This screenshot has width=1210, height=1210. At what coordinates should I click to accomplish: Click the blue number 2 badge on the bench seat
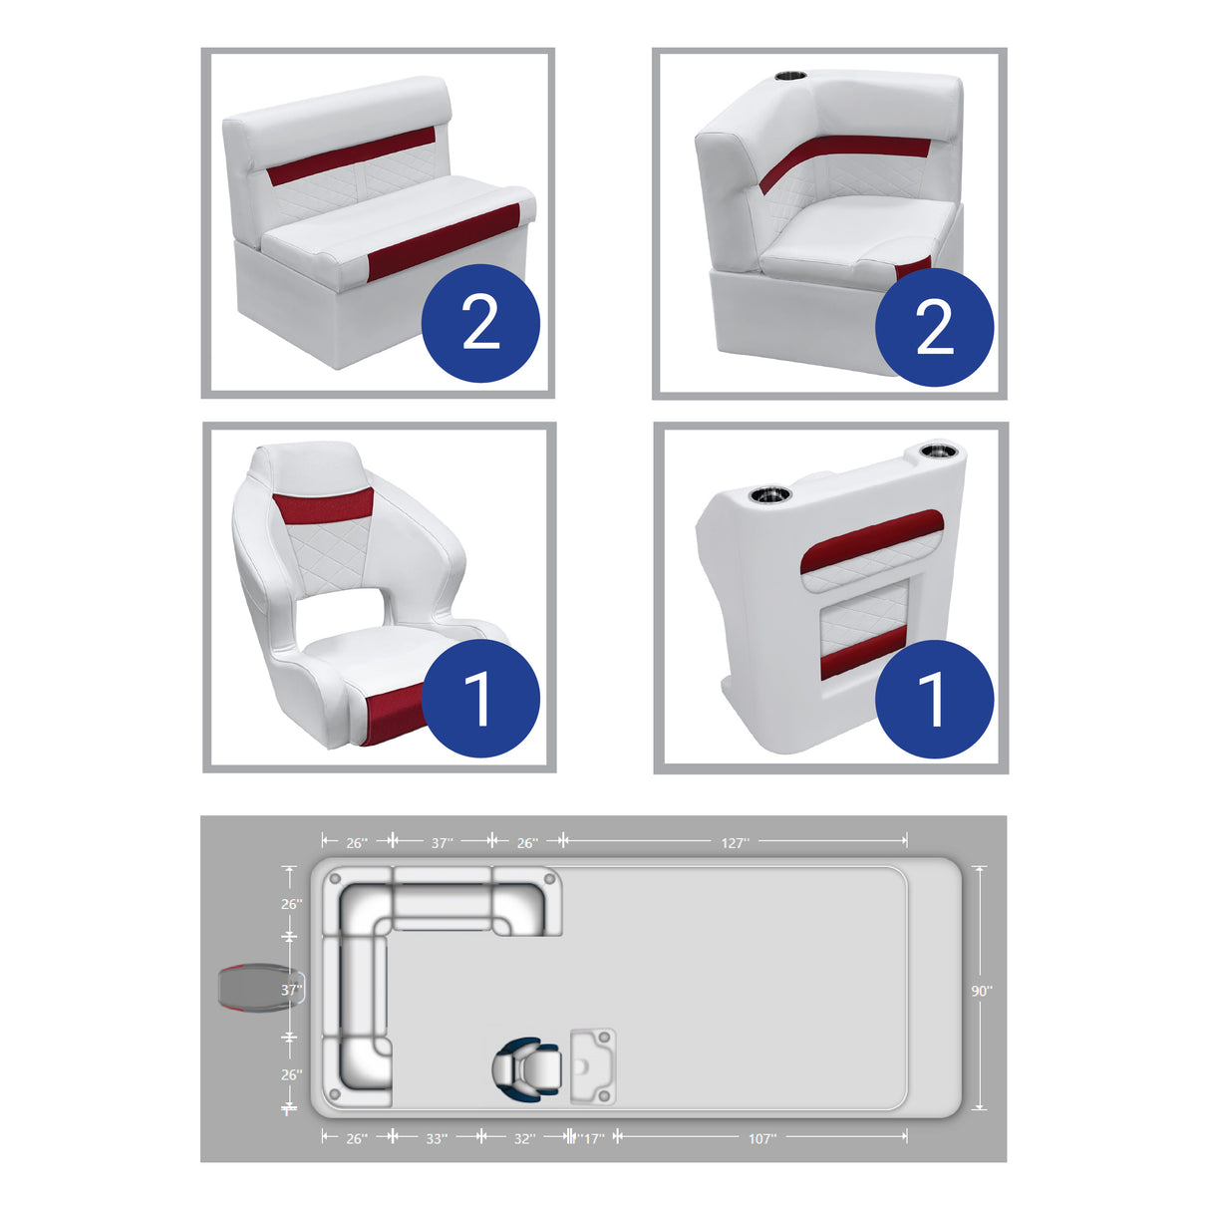480,323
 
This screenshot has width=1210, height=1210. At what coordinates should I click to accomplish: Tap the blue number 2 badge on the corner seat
934,326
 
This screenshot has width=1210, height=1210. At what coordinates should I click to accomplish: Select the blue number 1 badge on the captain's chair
480,699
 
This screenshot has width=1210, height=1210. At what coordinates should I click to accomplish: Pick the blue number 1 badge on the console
934,699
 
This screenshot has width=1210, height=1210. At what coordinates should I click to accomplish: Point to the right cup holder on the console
938,452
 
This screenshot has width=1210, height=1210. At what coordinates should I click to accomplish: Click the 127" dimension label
734,843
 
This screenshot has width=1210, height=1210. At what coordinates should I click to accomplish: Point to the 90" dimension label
982,991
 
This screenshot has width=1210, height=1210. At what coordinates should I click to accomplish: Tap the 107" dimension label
761,1138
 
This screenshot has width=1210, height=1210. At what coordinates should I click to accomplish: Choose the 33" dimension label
437,1138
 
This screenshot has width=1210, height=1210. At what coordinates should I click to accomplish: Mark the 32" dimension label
523,1138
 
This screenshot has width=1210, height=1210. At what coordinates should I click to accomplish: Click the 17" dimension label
593,1138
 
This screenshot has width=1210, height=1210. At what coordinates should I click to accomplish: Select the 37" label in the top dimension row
443,843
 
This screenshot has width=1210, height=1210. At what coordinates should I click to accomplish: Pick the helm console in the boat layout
592,1066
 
